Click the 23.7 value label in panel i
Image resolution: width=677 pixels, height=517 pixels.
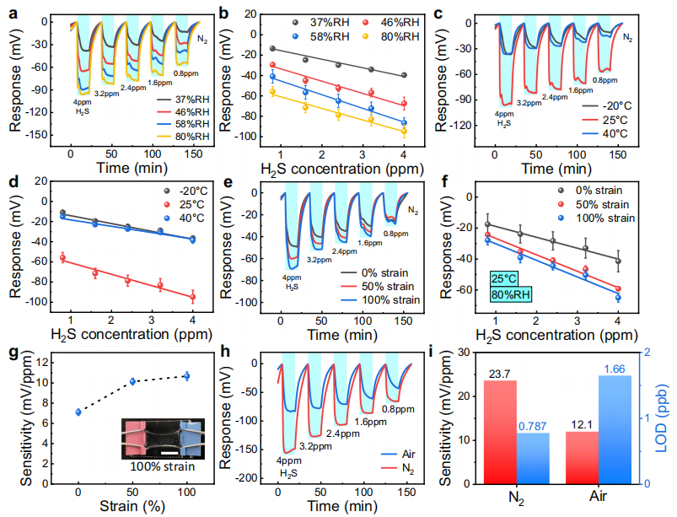(x=501, y=373)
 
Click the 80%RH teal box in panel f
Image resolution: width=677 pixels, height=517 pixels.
(x=512, y=296)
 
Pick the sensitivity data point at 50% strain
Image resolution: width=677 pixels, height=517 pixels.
(x=132, y=381)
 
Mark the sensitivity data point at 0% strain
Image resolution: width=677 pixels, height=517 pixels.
(x=78, y=412)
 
